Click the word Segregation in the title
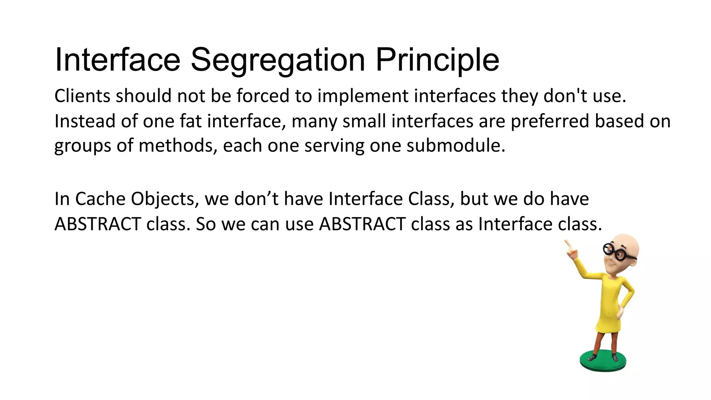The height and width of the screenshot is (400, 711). click(278, 60)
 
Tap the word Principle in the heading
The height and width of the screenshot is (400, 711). click(437, 60)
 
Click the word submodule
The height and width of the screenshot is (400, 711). click(455, 145)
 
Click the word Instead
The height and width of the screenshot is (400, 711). click(85, 121)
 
